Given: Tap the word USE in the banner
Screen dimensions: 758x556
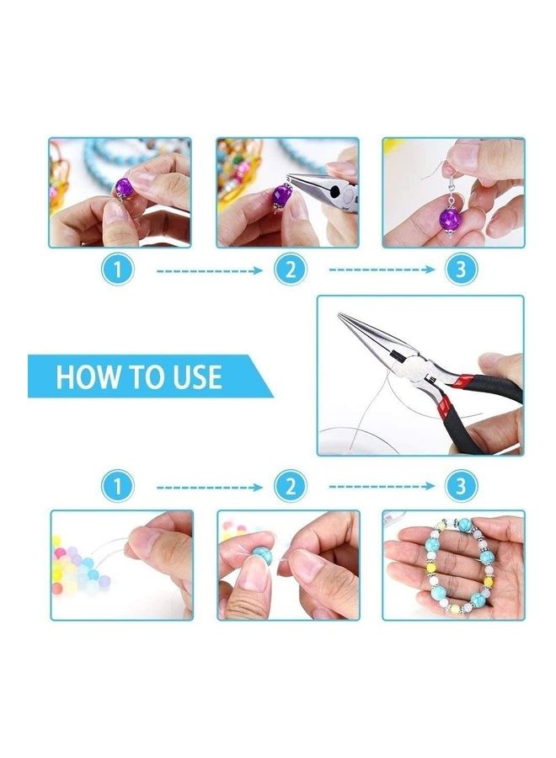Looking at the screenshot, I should click(x=192, y=376).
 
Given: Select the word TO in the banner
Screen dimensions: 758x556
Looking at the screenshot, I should click(x=138, y=376).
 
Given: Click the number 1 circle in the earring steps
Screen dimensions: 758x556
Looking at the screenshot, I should click(x=119, y=270).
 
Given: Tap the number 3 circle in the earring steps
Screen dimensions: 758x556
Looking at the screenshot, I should click(x=461, y=270).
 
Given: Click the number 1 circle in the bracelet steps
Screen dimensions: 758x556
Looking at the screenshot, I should click(x=119, y=487).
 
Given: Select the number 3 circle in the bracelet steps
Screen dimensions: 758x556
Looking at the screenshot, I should click(x=461, y=487).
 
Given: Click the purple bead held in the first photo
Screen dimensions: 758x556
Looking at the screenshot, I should click(x=124, y=188).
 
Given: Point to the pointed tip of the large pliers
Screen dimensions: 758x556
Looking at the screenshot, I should click(x=344, y=318).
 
